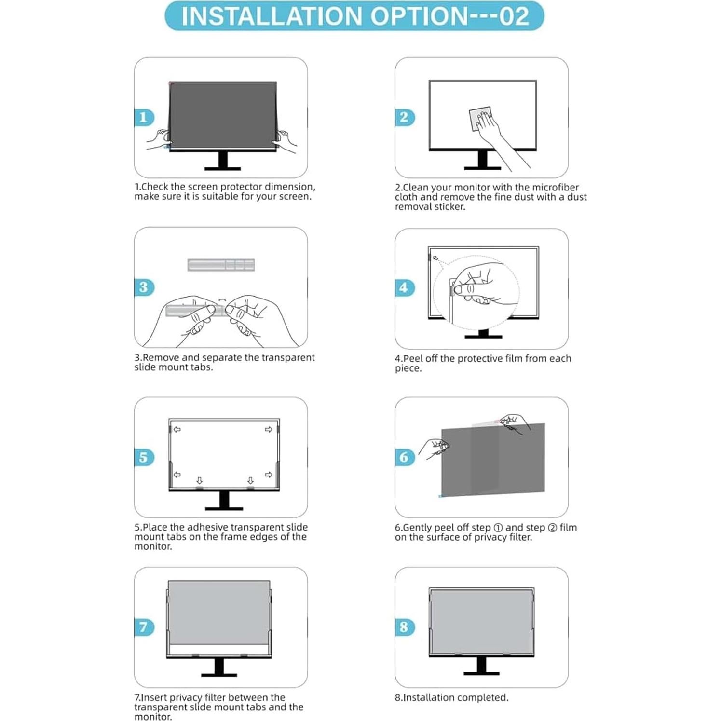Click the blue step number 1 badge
[144, 117]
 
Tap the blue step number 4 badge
[404, 287]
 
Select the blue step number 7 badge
[144, 627]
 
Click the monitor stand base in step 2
[482, 168]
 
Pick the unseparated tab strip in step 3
[221, 265]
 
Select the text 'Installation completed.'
[451, 697]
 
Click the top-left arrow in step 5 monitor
[177, 429]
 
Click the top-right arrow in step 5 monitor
[268, 429]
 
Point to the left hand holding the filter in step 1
[158, 139]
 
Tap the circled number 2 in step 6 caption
[553, 528]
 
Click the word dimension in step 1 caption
[289, 187]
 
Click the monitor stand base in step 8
[481, 672]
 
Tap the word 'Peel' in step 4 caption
[413, 358]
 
